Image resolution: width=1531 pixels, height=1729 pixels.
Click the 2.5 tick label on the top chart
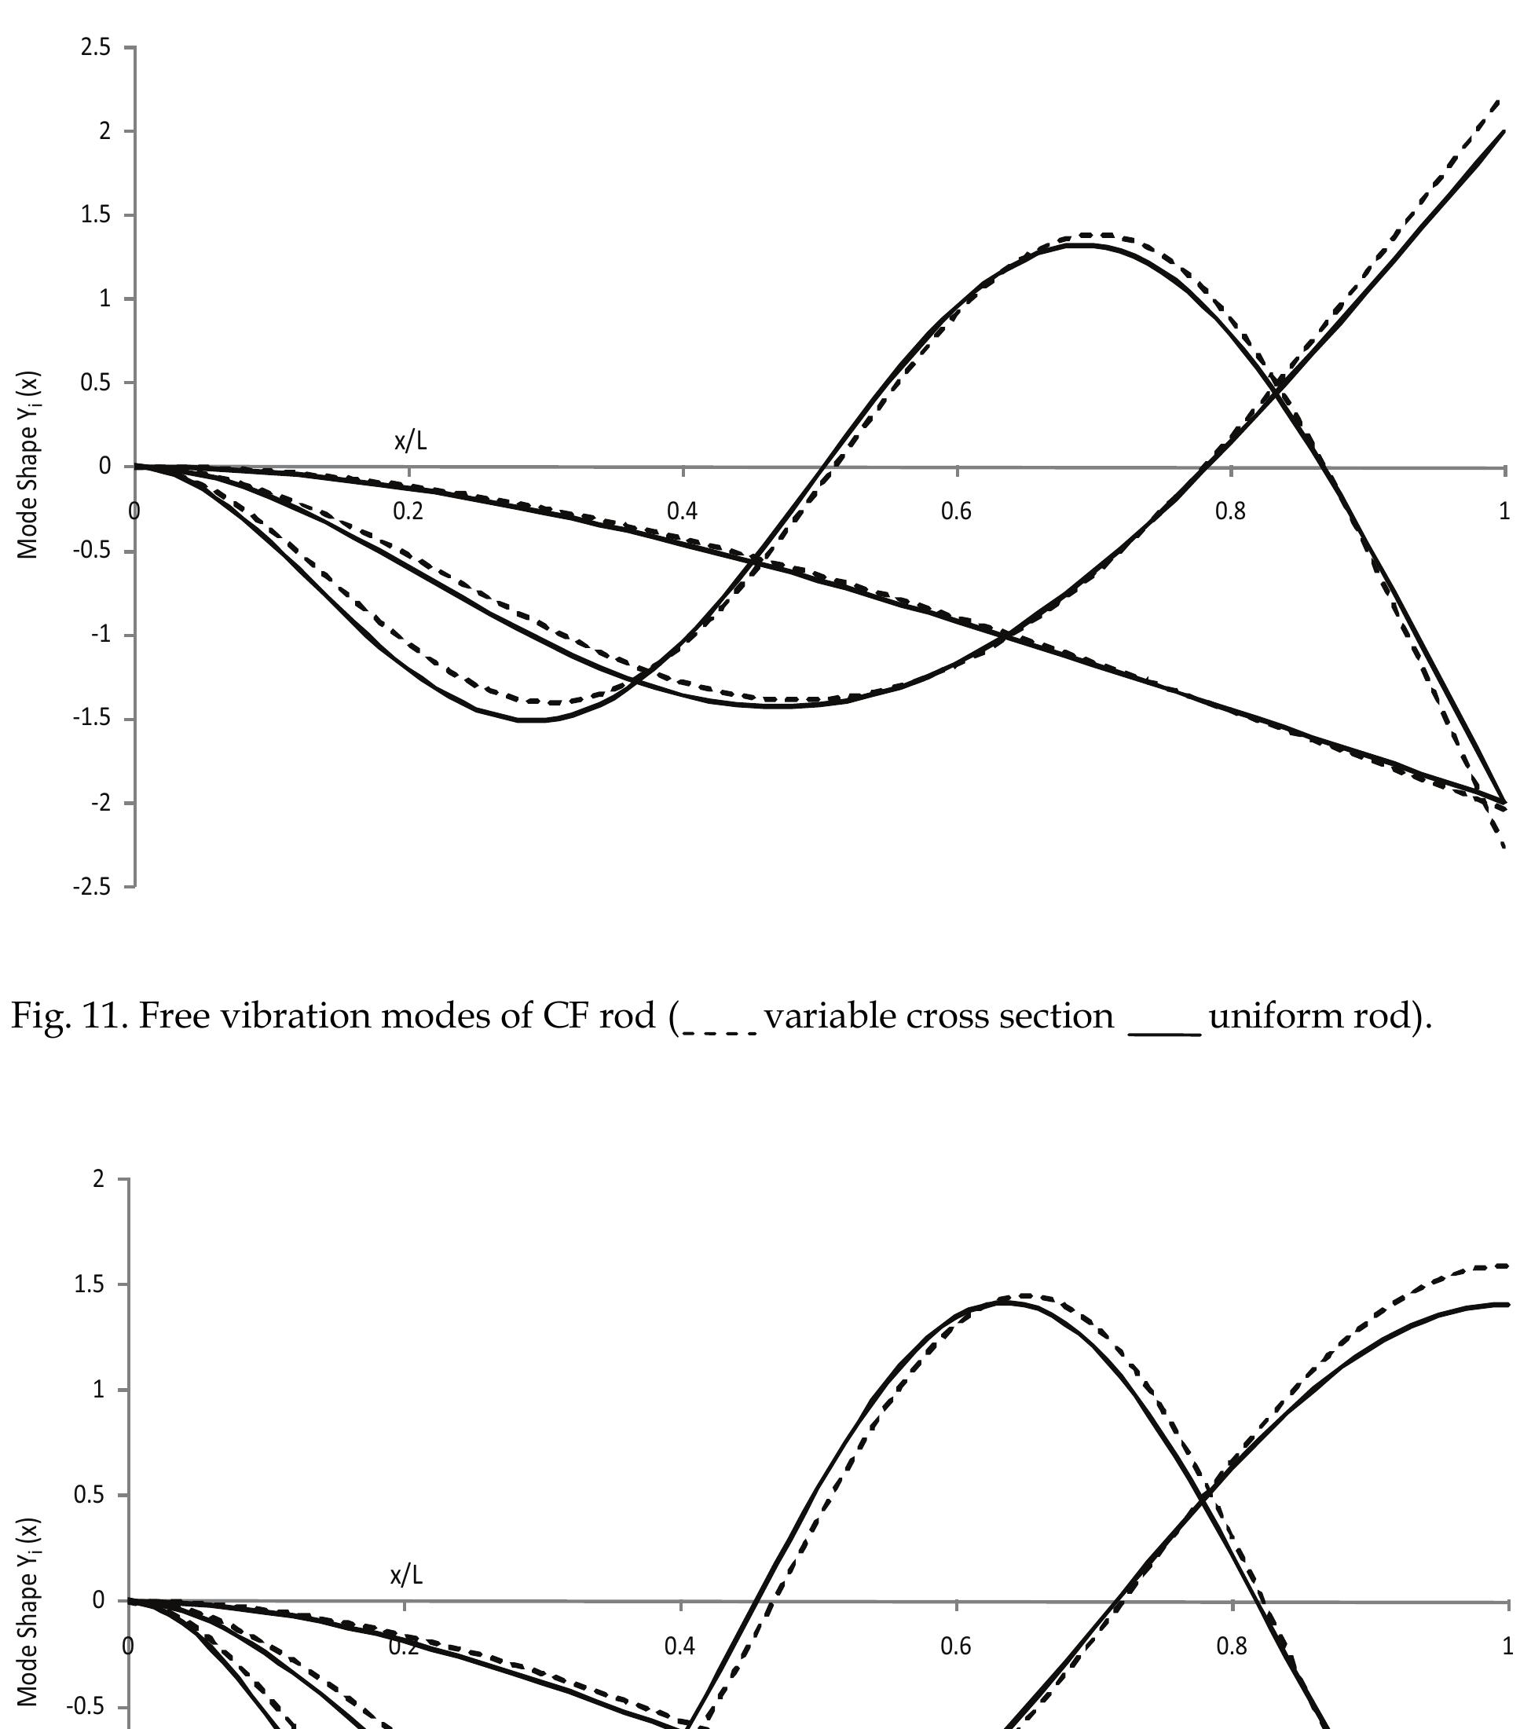[x=95, y=47]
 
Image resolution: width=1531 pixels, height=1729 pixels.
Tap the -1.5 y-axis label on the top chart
[x=91, y=719]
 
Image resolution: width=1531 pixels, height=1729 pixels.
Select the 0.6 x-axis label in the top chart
[x=956, y=511]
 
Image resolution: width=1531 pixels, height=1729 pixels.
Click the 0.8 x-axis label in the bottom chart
[x=1232, y=1645]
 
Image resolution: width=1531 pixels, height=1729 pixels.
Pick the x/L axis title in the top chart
[x=410, y=441]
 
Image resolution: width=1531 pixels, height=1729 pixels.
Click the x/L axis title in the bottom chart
[x=406, y=1575]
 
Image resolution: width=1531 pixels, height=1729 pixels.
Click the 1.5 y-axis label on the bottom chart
[x=90, y=1285]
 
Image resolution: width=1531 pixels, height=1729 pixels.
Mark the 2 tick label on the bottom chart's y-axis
[x=99, y=1179]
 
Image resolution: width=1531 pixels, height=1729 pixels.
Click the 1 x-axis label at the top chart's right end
[x=1504, y=511]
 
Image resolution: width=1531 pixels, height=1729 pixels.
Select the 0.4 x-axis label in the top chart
[x=682, y=511]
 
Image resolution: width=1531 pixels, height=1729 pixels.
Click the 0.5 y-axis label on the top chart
[x=95, y=383]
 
